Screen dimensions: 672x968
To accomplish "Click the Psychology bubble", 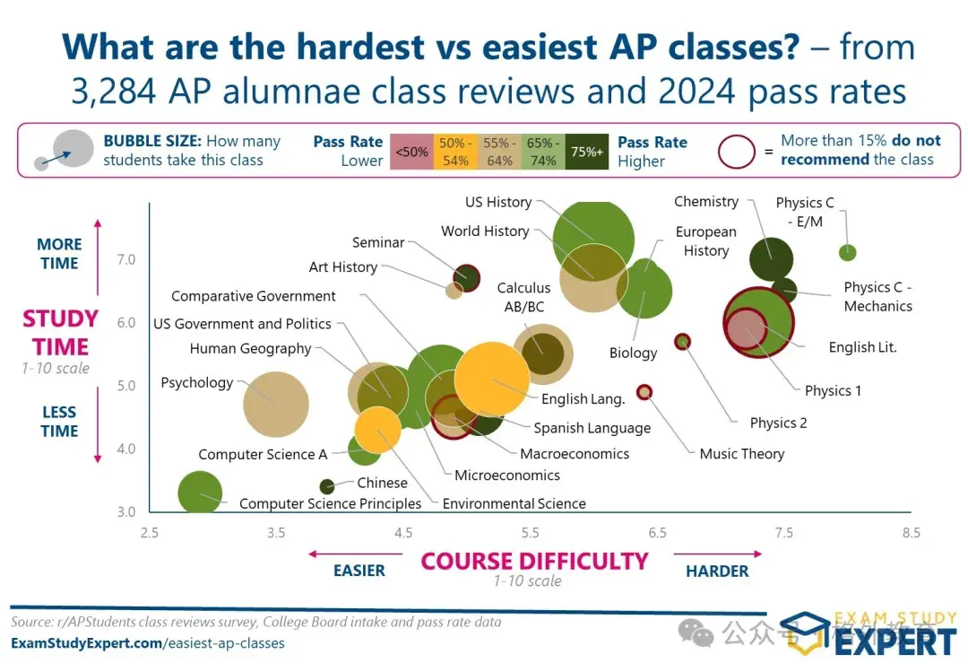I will (x=276, y=404).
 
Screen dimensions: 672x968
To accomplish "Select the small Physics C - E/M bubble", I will (x=847, y=252).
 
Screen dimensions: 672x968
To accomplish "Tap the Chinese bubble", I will (x=327, y=486).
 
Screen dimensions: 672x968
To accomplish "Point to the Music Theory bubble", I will (x=644, y=391).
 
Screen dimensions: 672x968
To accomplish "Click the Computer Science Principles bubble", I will (x=200, y=493).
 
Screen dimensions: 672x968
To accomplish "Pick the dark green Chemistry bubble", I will (x=771, y=260).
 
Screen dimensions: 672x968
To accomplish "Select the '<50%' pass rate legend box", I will (x=411, y=151).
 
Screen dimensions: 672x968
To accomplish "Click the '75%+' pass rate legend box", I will (x=587, y=151).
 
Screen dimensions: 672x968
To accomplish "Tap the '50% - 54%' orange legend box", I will (x=455, y=151).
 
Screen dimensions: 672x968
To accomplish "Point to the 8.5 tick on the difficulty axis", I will (x=911, y=533).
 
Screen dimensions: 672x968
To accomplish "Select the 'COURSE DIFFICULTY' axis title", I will (x=534, y=562).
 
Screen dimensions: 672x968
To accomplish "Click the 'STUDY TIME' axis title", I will (x=60, y=333).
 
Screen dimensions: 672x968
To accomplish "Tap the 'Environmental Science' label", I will (x=514, y=504).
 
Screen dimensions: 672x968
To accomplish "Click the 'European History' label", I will (x=706, y=241).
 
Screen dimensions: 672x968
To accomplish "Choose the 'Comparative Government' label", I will (x=254, y=296).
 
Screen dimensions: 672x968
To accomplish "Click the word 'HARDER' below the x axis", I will (x=717, y=572).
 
